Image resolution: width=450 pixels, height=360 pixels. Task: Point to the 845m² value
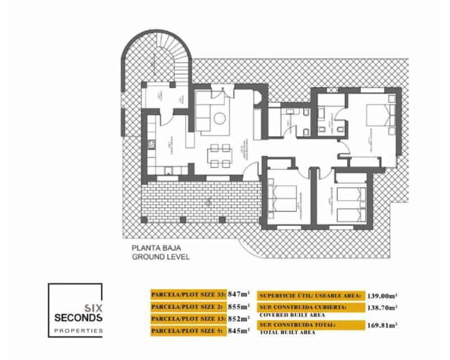pos(240,331)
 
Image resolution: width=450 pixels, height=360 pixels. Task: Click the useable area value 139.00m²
pos(381,295)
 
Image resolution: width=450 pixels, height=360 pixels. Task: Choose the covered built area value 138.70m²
pos(381,308)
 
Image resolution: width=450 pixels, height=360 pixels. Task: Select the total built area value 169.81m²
pos(381,325)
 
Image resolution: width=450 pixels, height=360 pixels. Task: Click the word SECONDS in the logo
pos(78,318)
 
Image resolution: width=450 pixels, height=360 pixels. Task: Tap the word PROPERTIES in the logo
pos(78,331)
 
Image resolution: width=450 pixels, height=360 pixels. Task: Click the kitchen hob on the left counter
pos(151,145)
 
